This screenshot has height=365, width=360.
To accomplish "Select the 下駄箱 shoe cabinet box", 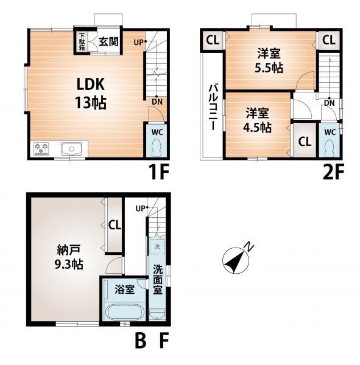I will point(81,41).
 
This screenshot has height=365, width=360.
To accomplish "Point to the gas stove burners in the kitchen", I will point(41,148).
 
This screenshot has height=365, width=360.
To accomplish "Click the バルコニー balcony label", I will point(214,107).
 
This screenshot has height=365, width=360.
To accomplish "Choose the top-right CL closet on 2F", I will point(328,41).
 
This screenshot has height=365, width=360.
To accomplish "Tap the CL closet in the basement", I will point(114,224).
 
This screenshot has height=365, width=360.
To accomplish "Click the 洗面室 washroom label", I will point(158,278).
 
